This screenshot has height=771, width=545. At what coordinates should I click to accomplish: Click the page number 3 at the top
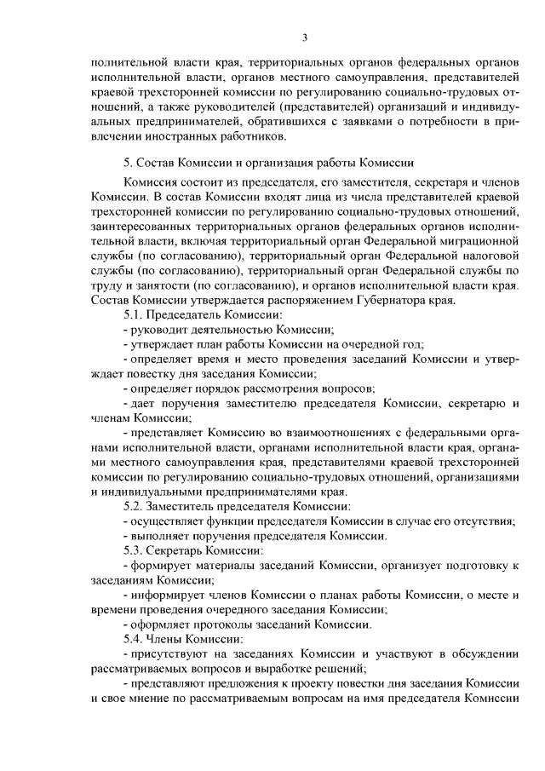[304, 36]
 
